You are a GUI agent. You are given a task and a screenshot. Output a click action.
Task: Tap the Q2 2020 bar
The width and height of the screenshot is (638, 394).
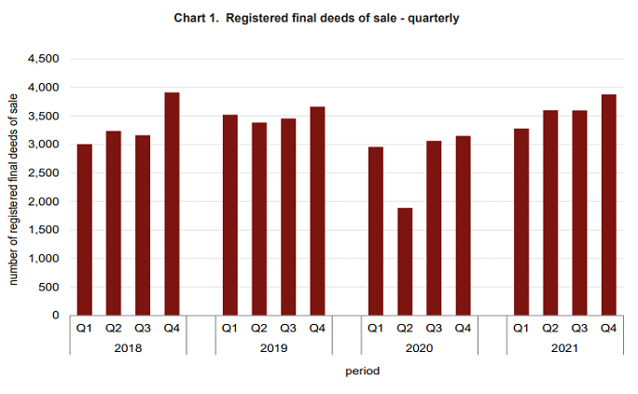pos(405,261)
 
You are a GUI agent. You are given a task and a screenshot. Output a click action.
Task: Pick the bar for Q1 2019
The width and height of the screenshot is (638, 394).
pos(229,215)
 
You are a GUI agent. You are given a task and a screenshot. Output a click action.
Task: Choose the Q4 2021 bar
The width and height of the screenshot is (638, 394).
pos(608,204)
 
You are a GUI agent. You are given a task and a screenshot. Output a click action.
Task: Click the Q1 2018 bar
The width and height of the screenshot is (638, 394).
pos(84,230)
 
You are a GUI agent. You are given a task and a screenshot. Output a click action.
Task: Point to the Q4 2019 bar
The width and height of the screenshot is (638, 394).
pos(317,211)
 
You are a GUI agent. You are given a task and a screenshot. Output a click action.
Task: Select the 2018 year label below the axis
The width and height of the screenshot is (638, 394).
pos(128,347)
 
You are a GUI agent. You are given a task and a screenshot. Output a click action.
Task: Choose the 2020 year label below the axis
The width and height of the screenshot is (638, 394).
pos(420,347)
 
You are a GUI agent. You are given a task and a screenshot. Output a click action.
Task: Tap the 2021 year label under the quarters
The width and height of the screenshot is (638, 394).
pos(565,347)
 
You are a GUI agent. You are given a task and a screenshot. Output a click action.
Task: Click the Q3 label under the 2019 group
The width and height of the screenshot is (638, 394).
pos(288,328)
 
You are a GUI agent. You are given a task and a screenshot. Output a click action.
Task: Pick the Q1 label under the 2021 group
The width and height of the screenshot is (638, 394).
pos(521,328)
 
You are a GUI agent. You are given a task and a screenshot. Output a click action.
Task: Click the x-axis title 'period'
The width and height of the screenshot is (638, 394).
pos(361,371)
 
